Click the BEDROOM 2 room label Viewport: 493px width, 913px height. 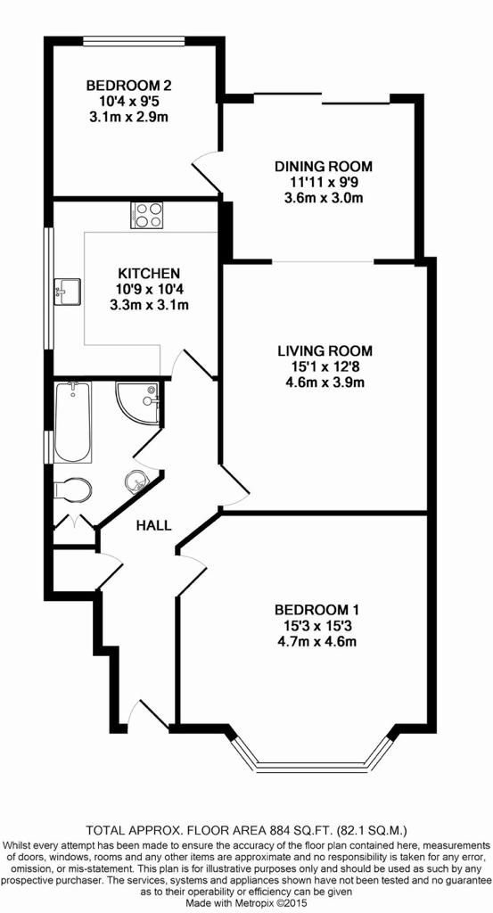click(128, 86)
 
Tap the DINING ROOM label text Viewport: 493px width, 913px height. click(323, 166)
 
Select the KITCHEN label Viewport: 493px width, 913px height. click(148, 273)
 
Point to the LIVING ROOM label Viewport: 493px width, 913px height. click(325, 351)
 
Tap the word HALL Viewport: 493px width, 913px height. click(153, 526)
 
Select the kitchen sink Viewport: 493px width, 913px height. click(67, 292)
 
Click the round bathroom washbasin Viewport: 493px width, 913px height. click(136, 481)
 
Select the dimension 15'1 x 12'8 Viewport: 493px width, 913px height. click(325, 366)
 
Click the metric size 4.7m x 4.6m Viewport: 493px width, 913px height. click(316, 642)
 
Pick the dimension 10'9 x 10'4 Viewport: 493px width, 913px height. click(148, 289)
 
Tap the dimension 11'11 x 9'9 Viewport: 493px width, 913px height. click(323, 182)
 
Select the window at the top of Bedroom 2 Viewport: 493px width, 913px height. click(134, 41)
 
